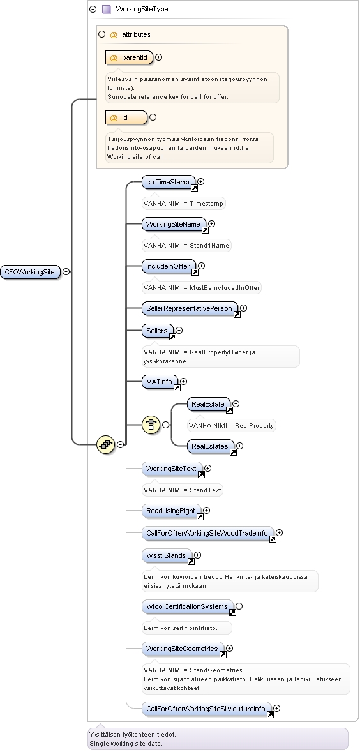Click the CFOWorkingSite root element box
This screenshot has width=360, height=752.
point(30,272)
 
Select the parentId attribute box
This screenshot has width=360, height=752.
point(129,57)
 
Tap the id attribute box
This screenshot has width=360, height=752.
point(126,117)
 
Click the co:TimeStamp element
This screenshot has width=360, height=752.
point(169,183)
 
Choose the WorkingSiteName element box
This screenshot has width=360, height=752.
point(174,225)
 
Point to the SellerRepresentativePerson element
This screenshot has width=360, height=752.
point(190,309)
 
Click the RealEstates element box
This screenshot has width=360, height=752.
point(211,447)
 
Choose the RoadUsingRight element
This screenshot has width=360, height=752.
point(172,511)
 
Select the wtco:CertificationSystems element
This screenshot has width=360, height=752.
point(188,607)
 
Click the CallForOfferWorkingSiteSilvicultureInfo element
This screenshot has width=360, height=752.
point(207,709)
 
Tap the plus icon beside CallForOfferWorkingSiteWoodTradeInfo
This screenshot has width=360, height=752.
point(279,533)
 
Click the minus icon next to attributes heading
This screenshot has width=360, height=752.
point(101,34)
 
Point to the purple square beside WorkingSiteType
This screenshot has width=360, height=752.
point(107,9)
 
